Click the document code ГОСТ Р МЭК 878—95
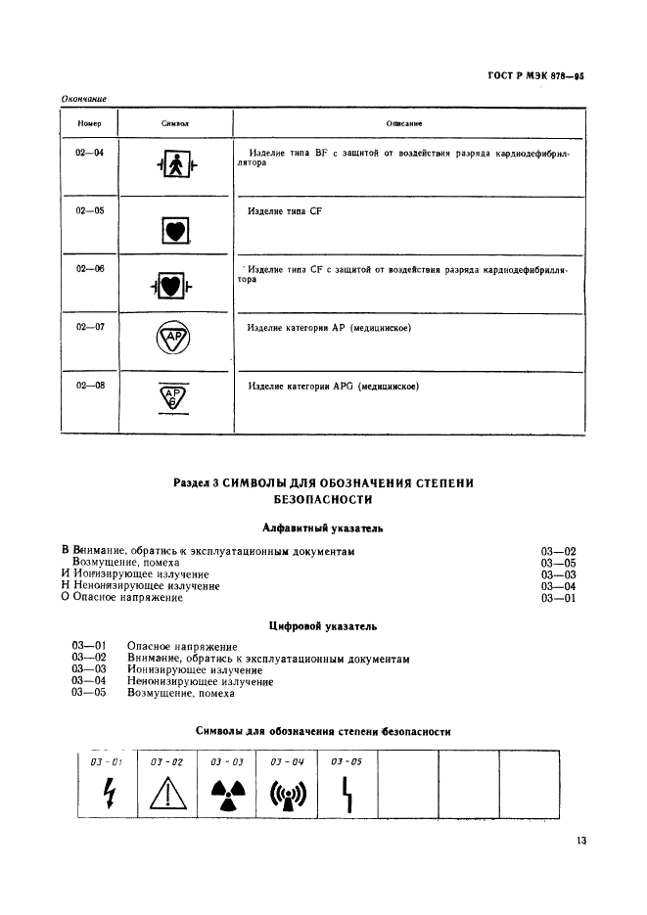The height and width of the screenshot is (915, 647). [536, 73]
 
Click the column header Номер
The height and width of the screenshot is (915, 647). [89, 124]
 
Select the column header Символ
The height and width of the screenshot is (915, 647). [174, 124]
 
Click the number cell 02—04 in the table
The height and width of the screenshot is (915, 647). [89, 154]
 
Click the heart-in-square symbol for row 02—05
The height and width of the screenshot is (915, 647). [174, 231]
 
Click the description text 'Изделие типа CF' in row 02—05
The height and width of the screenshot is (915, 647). [285, 211]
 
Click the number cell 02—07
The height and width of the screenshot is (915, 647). [89, 328]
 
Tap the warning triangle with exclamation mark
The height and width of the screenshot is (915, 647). [166, 795]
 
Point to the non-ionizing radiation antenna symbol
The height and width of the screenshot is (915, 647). [287, 794]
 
